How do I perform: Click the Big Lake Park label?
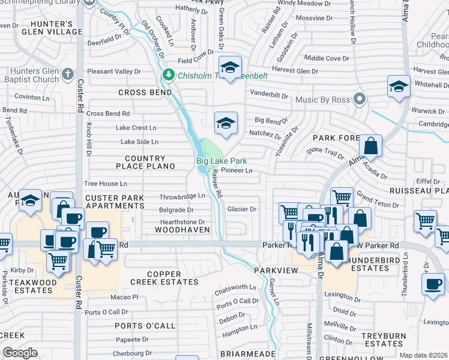click(x=221, y=161)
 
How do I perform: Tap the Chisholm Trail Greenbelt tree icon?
click(x=169, y=75)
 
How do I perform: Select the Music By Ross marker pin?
click(x=360, y=98)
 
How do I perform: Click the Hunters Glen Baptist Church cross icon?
click(x=68, y=75)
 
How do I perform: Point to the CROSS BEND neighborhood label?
click(x=145, y=92)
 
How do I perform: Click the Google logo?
click(x=20, y=353)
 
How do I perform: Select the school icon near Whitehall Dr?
click(x=399, y=86)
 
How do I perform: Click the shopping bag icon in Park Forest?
click(x=371, y=145)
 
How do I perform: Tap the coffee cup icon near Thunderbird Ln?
click(x=433, y=283)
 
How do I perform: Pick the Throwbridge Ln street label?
click(x=182, y=196)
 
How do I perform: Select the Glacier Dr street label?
click(x=242, y=209)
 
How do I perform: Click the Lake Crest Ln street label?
click(x=136, y=128)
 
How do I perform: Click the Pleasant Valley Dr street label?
click(x=113, y=71)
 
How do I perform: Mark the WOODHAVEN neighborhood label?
click(x=182, y=230)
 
